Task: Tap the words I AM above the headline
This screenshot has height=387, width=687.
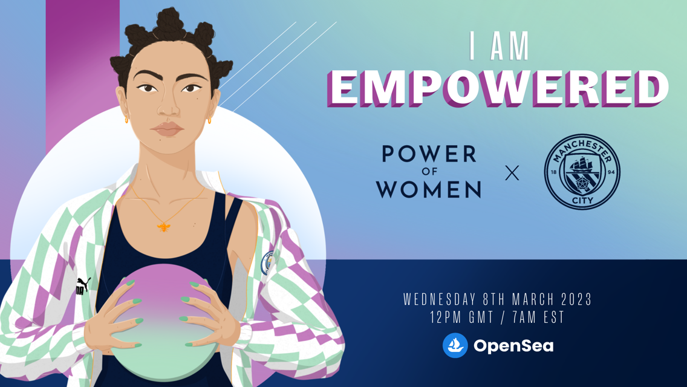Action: (x=500, y=46)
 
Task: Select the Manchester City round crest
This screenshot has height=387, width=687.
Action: (x=582, y=172)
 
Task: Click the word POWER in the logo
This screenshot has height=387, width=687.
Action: (x=429, y=155)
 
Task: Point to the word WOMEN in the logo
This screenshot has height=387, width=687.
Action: (x=429, y=189)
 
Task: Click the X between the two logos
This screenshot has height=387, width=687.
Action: (x=512, y=174)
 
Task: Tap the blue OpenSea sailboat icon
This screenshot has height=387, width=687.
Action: (x=455, y=345)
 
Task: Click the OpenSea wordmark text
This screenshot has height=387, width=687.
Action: (x=513, y=346)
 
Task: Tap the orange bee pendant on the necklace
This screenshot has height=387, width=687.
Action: (x=164, y=227)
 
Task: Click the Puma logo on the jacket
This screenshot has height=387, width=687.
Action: (x=83, y=286)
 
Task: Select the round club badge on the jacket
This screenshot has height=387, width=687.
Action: (x=267, y=264)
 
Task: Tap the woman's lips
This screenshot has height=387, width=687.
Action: (x=168, y=129)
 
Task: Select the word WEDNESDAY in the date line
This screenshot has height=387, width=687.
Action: (x=441, y=299)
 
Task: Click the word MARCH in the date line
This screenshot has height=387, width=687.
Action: (x=532, y=299)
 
